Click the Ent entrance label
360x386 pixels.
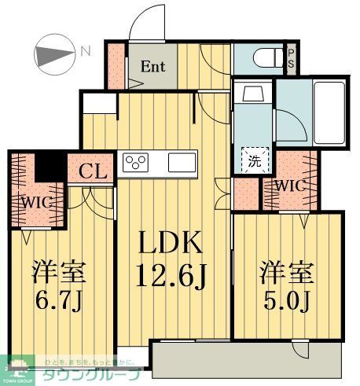152,66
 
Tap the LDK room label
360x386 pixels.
171,244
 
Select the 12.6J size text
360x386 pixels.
172,276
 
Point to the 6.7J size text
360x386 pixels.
57,300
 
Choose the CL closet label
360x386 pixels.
92,171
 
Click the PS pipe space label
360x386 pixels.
291,60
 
